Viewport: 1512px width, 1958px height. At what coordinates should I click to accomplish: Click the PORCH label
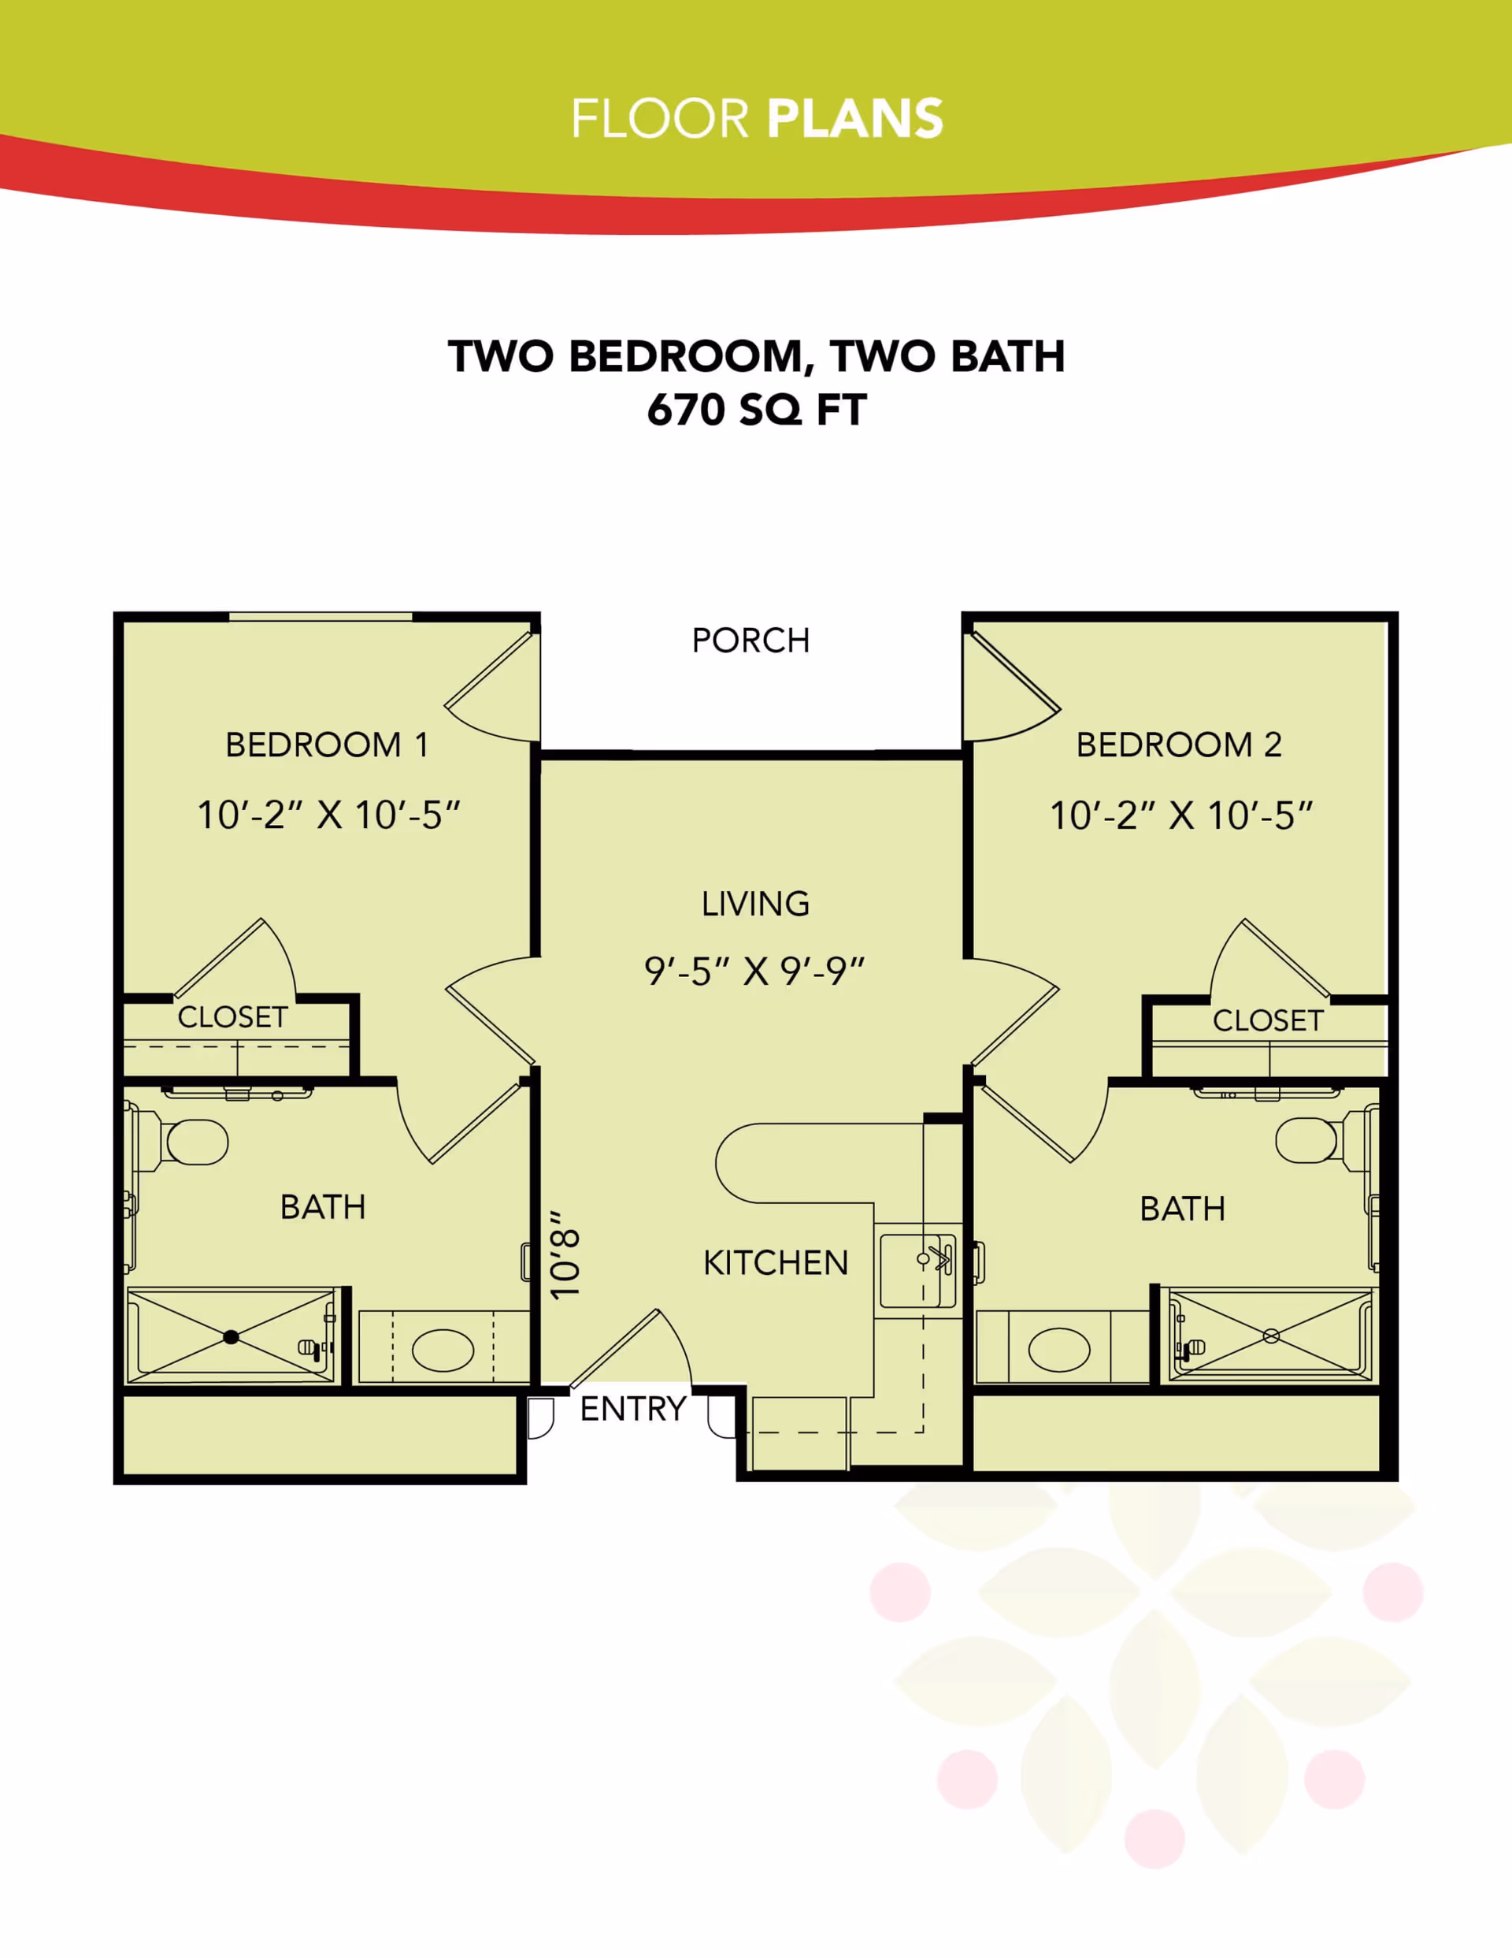750,641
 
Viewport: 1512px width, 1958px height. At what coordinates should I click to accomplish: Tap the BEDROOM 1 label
326,745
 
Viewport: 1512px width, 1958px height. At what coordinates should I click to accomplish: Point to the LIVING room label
754,904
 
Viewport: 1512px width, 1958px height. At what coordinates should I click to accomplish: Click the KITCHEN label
775,1263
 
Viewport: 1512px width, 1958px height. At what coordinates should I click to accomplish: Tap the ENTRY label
633,1410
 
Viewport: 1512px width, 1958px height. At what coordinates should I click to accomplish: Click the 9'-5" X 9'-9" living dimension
754,971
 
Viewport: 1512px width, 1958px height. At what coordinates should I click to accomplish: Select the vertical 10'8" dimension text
566,1254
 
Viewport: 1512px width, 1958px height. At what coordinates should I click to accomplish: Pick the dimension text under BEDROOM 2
1180,816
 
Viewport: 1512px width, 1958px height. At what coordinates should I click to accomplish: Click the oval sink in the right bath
1058,1349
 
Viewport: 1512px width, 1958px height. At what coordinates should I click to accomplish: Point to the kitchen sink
917,1270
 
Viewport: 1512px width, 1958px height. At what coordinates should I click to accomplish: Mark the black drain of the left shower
232,1336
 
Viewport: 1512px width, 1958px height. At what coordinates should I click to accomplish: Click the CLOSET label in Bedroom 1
232,1017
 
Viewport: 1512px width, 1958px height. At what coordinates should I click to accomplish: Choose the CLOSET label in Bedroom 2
1267,1020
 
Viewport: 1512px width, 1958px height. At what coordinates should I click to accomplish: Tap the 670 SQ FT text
757,411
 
